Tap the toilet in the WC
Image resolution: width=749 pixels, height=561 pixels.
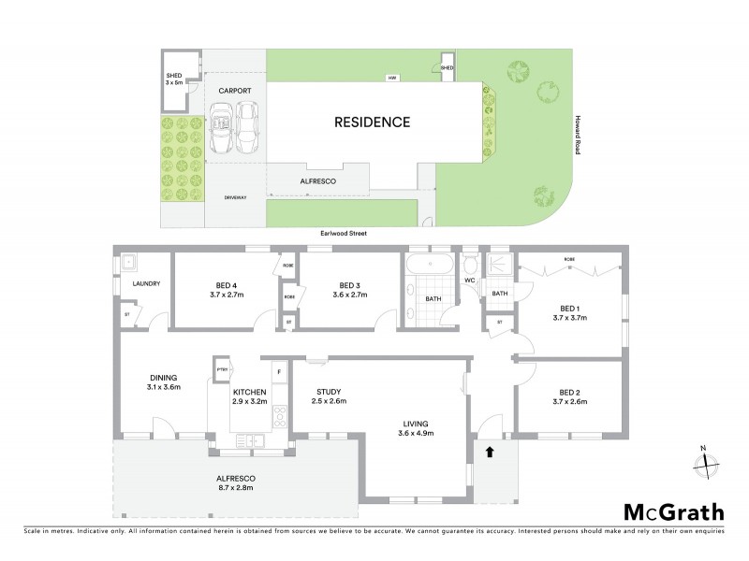471,265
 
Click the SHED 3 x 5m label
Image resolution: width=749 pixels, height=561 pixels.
175,79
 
